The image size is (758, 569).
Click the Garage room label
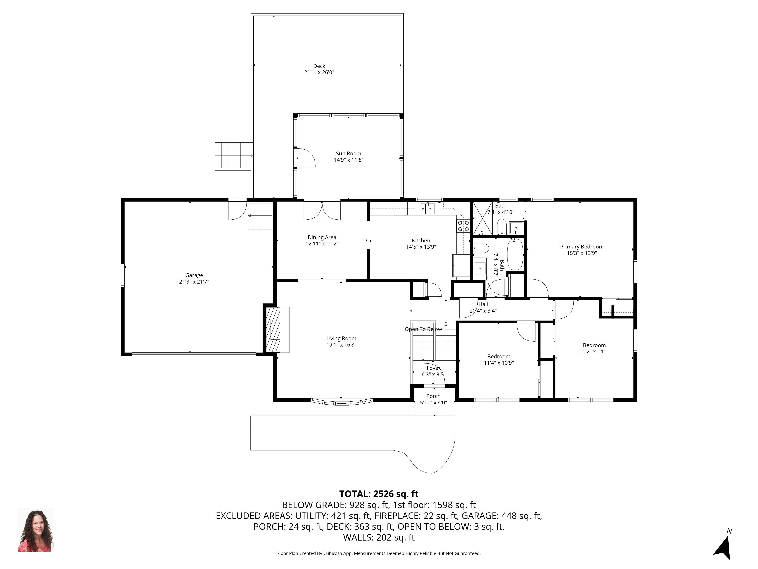(194, 275)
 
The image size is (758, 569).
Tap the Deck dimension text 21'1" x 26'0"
(319, 72)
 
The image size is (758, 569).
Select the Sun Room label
(348, 154)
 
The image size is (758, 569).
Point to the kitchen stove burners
(463, 226)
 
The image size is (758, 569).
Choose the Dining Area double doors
(322, 210)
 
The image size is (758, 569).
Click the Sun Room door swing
(306, 158)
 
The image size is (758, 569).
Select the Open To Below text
(423, 329)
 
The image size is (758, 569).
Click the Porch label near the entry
(434, 396)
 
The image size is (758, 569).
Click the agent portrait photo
(36, 530)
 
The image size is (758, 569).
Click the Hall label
(483, 304)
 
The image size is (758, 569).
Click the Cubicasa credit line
(379, 553)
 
